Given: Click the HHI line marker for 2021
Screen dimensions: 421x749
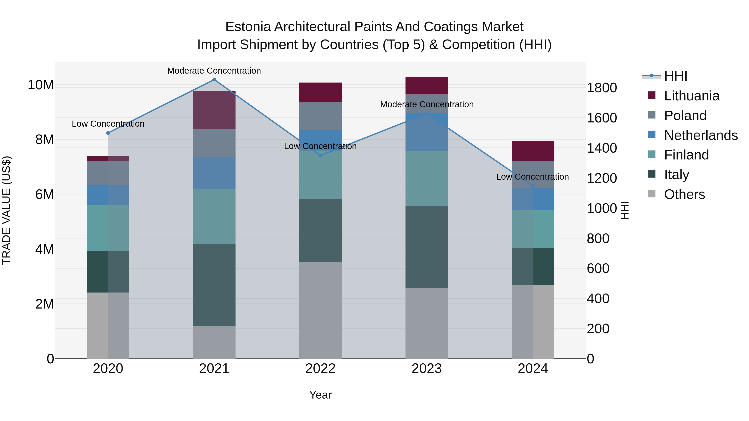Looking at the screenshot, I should (214, 80).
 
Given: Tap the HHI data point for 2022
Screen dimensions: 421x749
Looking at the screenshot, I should (320, 156).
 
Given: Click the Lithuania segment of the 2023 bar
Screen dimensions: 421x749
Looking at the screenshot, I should (427, 86).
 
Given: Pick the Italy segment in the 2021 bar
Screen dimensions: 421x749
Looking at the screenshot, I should (214, 285).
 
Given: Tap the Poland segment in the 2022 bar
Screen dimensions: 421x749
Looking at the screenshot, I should (320, 116).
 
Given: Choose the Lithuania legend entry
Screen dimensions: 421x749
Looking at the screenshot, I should (691, 96).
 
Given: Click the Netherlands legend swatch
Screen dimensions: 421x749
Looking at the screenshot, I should (652, 135).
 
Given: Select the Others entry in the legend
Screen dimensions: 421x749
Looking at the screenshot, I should (684, 194).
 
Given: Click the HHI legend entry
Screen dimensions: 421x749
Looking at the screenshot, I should (675, 76).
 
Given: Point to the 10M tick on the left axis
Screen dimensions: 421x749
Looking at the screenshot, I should (41, 85).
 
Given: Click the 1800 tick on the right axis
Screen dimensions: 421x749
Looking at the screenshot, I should (601, 88).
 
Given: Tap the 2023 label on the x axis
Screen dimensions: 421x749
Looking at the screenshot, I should (427, 369).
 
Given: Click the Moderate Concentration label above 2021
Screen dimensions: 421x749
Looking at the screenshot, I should (214, 71).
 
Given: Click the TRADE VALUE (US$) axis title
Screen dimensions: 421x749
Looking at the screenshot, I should (6, 210).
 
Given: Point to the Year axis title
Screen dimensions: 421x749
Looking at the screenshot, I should (320, 395).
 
